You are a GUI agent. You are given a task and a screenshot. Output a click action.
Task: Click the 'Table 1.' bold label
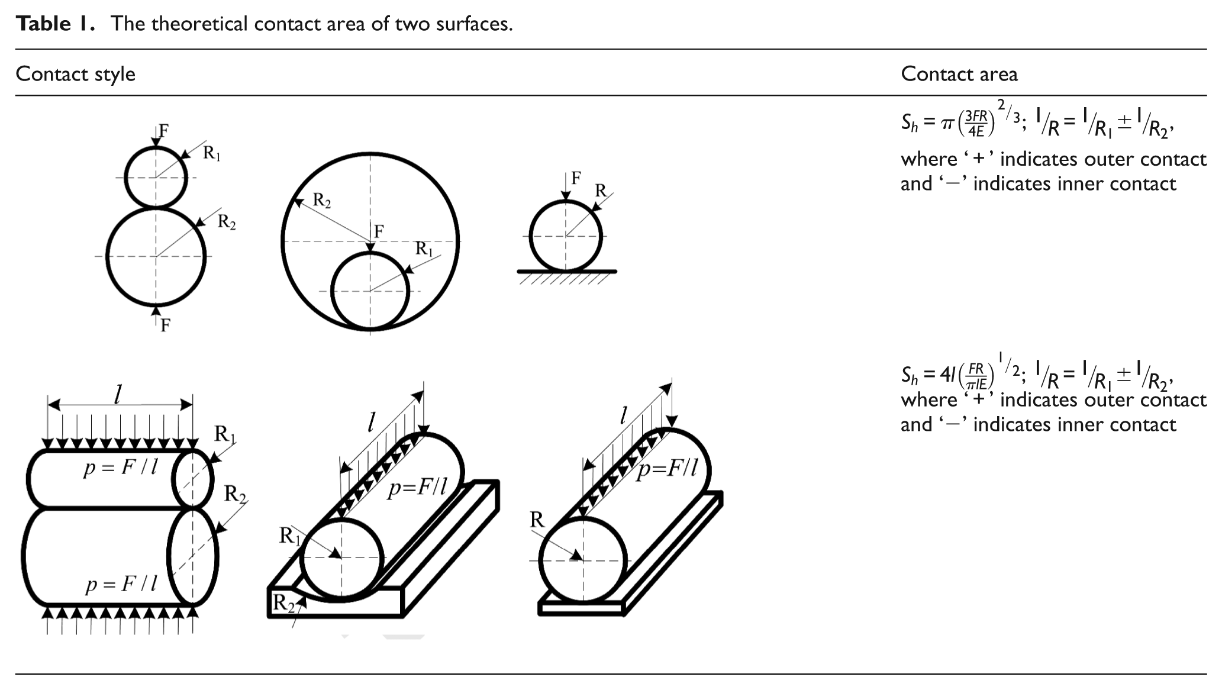point(56,24)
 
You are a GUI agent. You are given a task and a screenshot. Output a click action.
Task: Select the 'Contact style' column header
point(75,74)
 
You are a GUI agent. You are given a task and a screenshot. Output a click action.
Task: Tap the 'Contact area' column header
point(959,74)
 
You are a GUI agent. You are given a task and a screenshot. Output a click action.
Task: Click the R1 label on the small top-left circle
point(211,153)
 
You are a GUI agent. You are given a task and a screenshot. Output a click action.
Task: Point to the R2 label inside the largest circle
point(321,201)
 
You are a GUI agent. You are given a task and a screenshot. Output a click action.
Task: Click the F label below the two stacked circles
point(165,325)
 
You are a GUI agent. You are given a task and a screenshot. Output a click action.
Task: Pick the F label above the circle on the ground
point(576,178)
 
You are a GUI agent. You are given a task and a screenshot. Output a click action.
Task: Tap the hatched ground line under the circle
point(567,272)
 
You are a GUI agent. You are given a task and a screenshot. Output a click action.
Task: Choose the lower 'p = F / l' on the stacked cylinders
point(121,585)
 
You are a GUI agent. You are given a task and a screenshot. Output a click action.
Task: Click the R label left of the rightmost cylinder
point(537,520)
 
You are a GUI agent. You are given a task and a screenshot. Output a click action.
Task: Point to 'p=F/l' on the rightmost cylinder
point(667,469)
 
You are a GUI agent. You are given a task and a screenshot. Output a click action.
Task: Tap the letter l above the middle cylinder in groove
point(371,421)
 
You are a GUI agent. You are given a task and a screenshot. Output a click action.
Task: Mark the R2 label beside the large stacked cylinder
point(235,494)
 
